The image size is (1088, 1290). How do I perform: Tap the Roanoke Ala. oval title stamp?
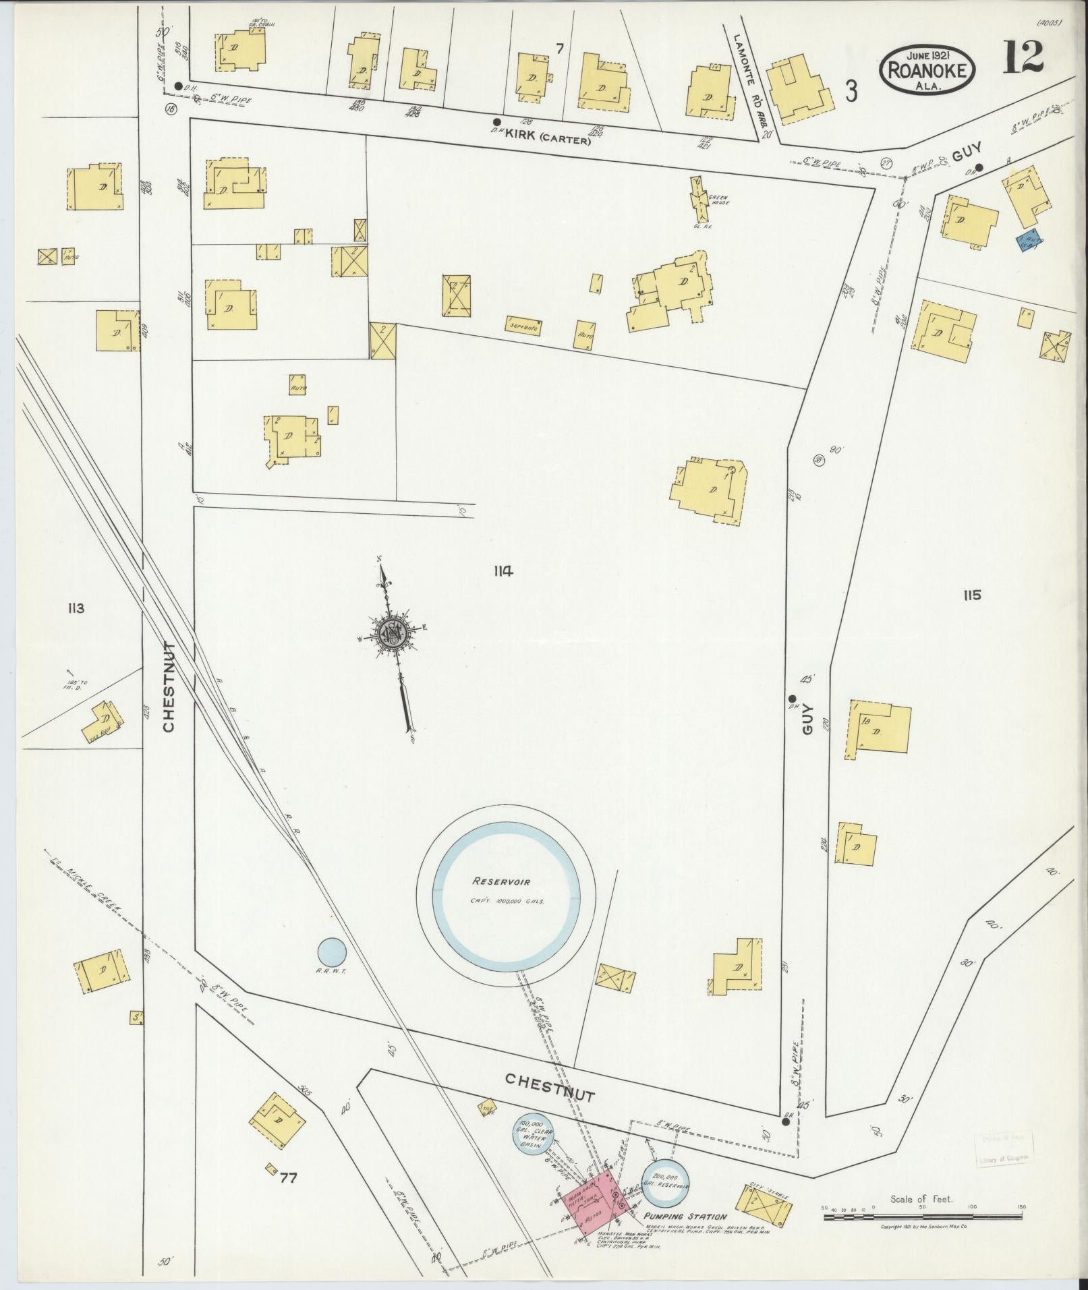[x=928, y=71]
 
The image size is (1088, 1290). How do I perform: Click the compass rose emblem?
[x=390, y=632]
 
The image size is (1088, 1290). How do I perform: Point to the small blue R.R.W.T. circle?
[x=332, y=953]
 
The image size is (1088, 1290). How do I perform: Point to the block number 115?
[x=972, y=595]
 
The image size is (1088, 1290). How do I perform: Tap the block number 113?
[x=75, y=609]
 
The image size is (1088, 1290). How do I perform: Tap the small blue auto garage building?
[x=1029, y=242]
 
